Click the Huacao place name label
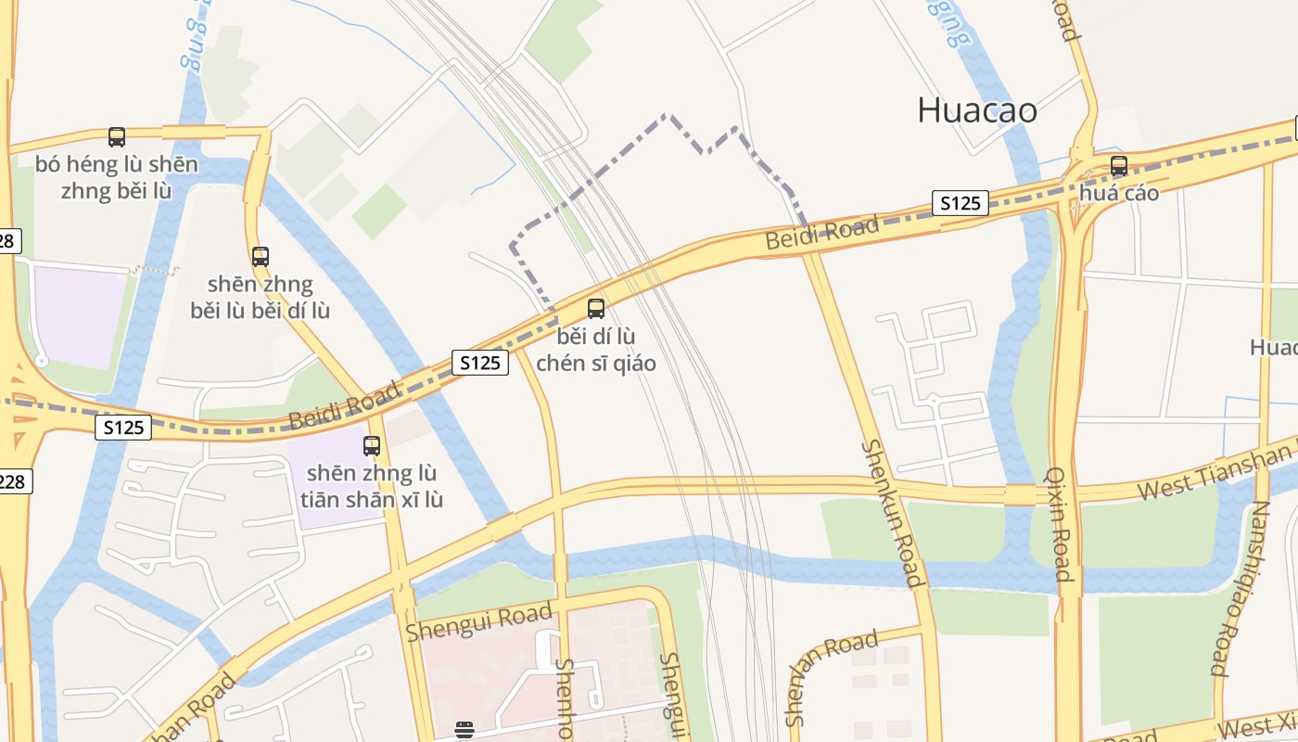click(976, 110)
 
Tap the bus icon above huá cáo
click(1119, 166)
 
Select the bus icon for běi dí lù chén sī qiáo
click(596, 308)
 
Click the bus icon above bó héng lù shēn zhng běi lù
click(117, 137)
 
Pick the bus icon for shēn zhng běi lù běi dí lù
click(261, 256)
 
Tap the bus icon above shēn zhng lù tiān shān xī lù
click(372, 445)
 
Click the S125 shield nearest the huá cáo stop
click(960, 203)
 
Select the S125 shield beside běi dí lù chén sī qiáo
click(480, 363)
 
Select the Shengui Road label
click(479, 620)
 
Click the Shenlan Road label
click(831, 677)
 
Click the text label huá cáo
click(1119, 193)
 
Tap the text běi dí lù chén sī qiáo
click(596, 350)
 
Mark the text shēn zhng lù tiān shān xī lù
click(372, 487)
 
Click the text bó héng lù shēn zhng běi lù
click(117, 177)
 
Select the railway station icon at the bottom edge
click(464, 730)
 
